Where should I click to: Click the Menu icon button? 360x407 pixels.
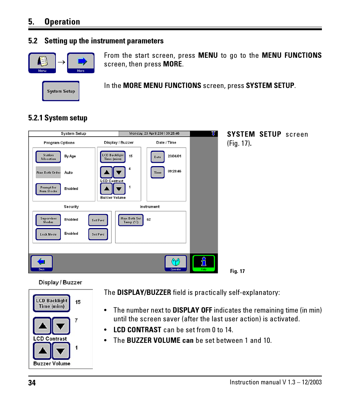42,63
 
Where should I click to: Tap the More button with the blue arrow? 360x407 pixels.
81,63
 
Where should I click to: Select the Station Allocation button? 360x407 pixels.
48,157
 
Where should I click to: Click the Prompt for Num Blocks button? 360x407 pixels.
48,189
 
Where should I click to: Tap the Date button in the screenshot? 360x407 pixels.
158,157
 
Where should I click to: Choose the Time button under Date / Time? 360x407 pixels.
158,172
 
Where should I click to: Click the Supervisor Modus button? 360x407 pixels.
48,220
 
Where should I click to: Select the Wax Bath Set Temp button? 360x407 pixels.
131,220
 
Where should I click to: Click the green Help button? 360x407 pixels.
204,263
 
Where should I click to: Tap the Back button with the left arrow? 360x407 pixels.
42,263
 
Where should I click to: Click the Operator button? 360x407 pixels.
176,263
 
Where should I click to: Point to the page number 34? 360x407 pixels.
32,383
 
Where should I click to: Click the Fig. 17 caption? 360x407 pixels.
237,271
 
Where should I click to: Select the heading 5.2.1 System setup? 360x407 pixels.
58,118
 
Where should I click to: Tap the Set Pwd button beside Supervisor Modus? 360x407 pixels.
98,220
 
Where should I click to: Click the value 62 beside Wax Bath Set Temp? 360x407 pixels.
149,219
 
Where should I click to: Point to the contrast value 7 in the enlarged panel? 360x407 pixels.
76,321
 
